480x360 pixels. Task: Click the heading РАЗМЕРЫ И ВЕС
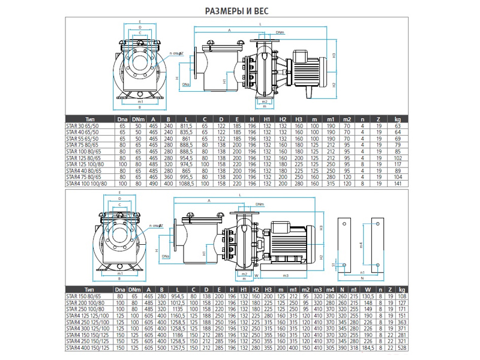pyautogui.click(x=239, y=10)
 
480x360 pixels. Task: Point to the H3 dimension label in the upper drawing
pyautogui.click(x=334, y=55)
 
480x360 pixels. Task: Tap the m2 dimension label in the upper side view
pyautogui.click(x=265, y=101)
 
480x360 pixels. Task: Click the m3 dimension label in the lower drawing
pyautogui.click(x=286, y=275)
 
